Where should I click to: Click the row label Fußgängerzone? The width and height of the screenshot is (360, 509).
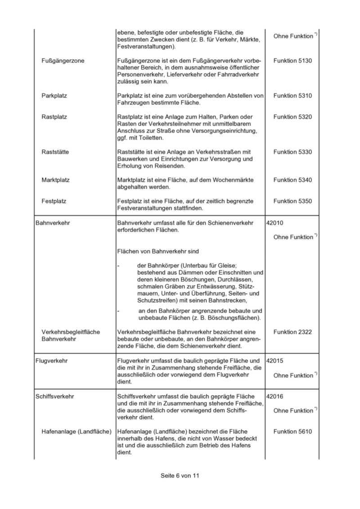63,60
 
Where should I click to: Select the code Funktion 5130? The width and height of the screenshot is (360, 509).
292,60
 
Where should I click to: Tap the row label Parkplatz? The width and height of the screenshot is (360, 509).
54,96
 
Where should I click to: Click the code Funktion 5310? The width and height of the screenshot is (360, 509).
292,96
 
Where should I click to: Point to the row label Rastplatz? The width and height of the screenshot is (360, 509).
54,117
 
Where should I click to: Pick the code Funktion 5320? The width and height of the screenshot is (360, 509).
292,117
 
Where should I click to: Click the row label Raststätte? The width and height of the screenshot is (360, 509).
55,152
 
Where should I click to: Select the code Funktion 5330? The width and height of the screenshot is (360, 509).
292,152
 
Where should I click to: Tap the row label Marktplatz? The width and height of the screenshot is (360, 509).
55,180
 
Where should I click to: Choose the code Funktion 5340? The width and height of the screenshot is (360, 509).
292,180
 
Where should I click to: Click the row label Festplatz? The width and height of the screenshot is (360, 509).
54,201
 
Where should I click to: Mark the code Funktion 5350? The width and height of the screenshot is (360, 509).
292,201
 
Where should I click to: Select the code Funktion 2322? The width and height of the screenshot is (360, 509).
292,332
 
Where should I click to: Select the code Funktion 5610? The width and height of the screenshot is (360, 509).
292,432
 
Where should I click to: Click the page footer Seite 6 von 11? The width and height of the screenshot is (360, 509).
179,475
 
